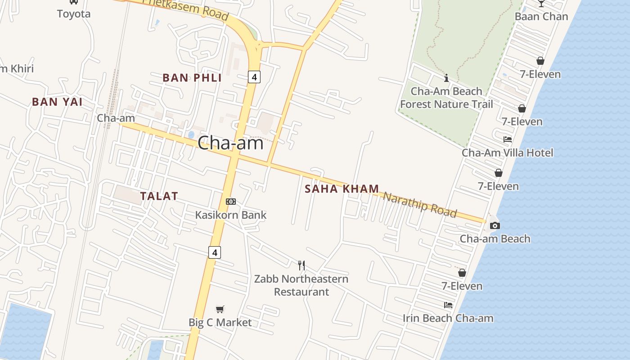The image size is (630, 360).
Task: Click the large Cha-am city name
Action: [x=230, y=143]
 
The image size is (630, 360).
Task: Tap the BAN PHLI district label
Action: [x=192, y=78]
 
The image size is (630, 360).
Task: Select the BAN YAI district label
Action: [x=57, y=102]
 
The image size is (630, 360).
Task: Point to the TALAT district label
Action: [x=159, y=196]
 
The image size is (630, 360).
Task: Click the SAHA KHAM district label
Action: [x=342, y=189]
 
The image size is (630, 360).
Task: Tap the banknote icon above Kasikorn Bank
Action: [x=231, y=202]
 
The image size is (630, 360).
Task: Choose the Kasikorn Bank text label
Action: [x=231, y=215]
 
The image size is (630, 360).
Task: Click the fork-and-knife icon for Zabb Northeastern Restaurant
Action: [x=301, y=265]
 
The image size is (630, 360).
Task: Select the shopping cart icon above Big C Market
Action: [x=220, y=309]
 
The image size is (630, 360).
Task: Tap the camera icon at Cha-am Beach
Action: [x=495, y=225]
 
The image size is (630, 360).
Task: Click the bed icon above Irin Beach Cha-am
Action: [x=448, y=305]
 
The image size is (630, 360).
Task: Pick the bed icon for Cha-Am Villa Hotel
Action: [x=508, y=139]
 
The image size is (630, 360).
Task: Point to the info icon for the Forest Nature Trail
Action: [x=446, y=78]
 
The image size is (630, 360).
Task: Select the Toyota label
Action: [x=74, y=14]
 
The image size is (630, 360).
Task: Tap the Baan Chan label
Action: [x=541, y=17]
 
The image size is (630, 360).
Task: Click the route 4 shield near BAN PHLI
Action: [x=254, y=77]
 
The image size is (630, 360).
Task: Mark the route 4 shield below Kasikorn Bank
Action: [x=215, y=253]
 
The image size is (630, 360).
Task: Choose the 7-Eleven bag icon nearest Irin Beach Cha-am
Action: [x=462, y=273]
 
